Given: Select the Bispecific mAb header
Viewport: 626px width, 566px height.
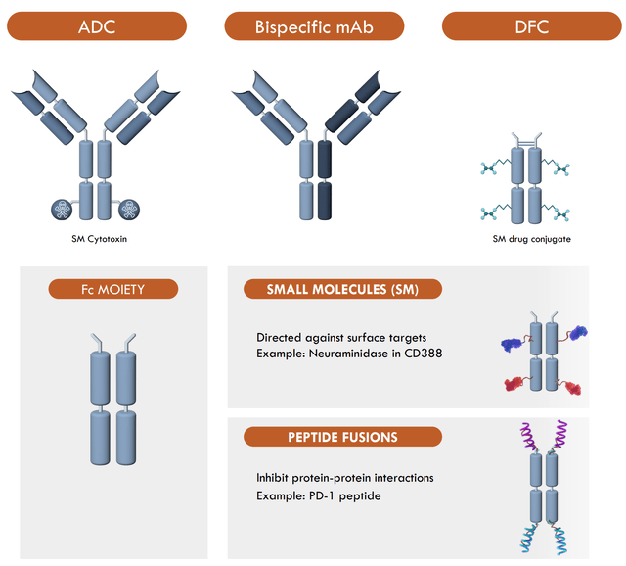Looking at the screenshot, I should (315, 26).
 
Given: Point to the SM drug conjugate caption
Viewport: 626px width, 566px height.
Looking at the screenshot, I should (532, 238).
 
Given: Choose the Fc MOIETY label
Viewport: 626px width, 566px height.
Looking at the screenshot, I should (113, 289).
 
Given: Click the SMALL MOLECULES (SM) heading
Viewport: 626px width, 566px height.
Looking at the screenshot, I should (341, 289).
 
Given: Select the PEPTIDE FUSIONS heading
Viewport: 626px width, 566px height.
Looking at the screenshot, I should (342, 437).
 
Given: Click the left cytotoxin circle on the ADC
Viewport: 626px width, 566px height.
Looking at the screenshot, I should (65, 208).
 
